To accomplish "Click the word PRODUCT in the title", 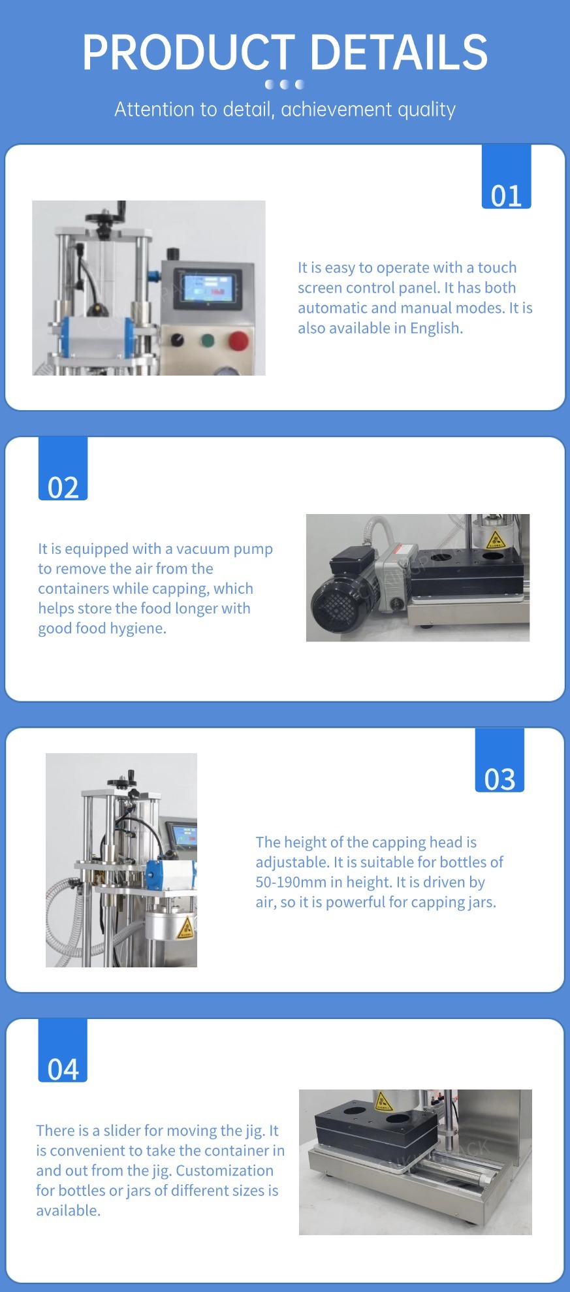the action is point(189,52).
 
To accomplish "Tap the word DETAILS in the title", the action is point(399,52).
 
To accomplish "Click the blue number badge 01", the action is point(506,177).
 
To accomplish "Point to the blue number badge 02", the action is point(63,468).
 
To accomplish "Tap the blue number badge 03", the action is point(499,760).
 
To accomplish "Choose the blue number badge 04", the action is point(63,1050).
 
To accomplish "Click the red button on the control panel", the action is point(238,340).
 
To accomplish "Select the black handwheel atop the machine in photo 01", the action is point(104,216).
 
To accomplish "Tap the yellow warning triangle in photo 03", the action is point(185,926).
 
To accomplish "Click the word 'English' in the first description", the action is point(436,329).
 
